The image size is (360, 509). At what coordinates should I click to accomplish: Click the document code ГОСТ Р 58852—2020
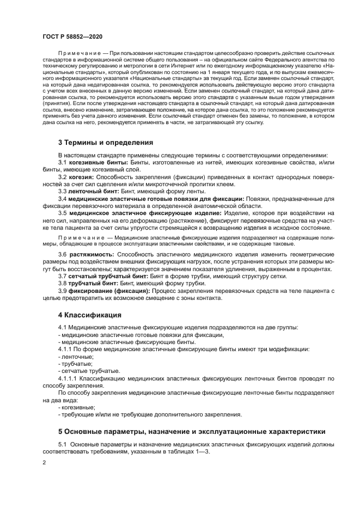tap(72, 36)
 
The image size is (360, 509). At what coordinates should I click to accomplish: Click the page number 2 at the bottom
tap(44, 462)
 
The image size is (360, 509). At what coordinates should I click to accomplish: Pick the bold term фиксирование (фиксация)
tap(109, 291)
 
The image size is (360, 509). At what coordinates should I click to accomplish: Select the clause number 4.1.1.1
tap(68, 378)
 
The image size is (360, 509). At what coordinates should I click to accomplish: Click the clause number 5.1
tap(63, 444)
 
